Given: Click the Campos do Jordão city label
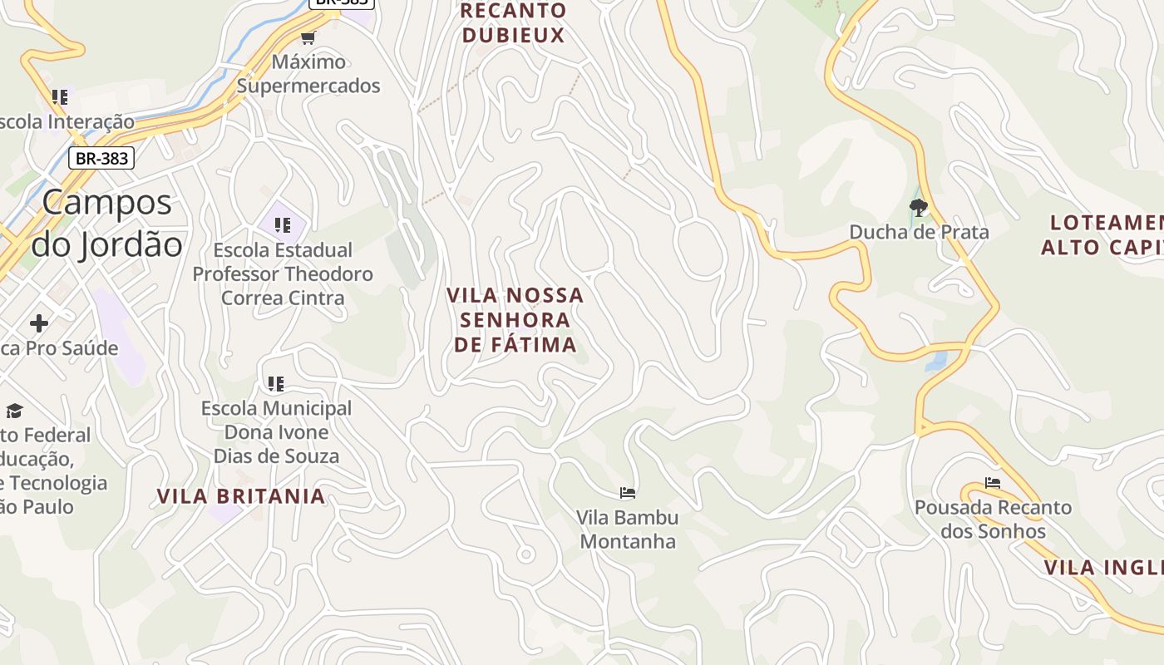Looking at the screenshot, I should click(106, 223).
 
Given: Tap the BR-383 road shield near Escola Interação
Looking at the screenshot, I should click(101, 158).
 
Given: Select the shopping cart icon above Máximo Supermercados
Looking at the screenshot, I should click(308, 37).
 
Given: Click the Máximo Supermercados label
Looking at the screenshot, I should click(308, 74).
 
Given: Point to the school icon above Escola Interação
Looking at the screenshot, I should click(59, 97).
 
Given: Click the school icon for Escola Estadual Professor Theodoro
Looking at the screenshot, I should click(283, 224).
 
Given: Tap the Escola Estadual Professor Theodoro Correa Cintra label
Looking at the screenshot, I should click(283, 273).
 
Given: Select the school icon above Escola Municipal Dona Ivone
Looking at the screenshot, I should click(276, 383).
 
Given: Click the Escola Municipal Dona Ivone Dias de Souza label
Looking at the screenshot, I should click(276, 432).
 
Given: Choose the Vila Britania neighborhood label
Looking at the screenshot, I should click(241, 496).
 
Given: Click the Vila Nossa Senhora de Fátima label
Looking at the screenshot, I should click(515, 320).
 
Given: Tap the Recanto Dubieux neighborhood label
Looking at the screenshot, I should click(514, 23).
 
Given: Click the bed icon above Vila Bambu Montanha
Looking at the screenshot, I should click(628, 493).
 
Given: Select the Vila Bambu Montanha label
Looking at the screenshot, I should click(628, 530).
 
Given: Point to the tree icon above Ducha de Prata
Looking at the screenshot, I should click(919, 207).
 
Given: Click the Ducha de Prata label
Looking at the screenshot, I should click(919, 232).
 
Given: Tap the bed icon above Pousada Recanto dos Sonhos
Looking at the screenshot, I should click(993, 482).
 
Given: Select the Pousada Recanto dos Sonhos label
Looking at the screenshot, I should click(993, 519).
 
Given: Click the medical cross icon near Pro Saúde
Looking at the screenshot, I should click(39, 323).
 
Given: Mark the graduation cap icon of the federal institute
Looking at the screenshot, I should click(14, 411).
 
